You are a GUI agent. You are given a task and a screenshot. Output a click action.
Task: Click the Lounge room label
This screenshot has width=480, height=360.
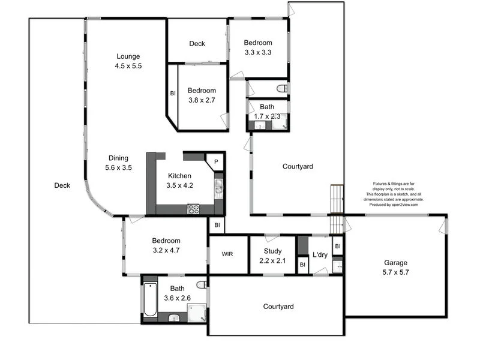pyautogui.click(x=128, y=56)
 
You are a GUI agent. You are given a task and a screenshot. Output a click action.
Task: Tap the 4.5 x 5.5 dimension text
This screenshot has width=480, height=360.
pyautogui.click(x=128, y=66)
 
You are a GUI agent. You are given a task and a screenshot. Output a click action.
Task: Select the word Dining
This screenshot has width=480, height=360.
pyautogui.click(x=118, y=158)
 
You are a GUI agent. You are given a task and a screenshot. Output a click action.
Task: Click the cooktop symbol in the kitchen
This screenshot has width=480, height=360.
pyautogui.click(x=194, y=209)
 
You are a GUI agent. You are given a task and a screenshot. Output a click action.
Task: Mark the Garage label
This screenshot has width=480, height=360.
pyautogui.click(x=395, y=263)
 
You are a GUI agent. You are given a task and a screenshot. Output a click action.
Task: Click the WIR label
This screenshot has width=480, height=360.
pyautogui.click(x=227, y=254)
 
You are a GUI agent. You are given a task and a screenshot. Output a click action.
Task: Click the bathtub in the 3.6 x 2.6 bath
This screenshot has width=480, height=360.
pyautogui.click(x=149, y=301)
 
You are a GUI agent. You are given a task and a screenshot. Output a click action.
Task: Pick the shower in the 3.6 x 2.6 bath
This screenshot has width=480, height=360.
pyautogui.click(x=196, y=313)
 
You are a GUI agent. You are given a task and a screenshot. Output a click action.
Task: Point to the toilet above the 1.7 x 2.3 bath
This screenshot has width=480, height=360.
pyautogui.click(x=281, y=89)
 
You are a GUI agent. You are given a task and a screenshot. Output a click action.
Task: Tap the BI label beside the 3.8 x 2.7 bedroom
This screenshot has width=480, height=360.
pyautogui.click(x=173, y=93)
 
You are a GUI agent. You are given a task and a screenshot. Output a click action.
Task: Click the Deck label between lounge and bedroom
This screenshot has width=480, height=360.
pyautogui.click(x=197, y=43)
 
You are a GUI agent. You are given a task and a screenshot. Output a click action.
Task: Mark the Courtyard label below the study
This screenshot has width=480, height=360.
pyautogui.click(x=279, y=307)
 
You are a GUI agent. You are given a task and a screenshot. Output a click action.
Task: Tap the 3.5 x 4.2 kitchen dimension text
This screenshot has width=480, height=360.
pyautogui.click(x=179, y=185)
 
